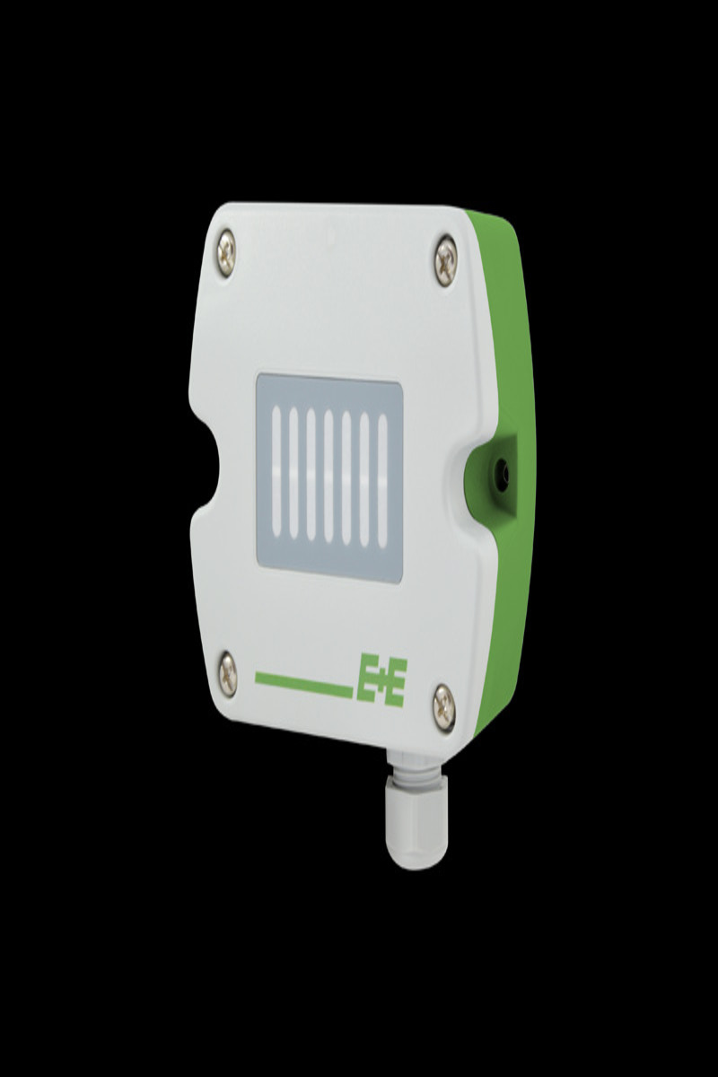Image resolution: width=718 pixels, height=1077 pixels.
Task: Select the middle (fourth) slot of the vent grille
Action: pos(328,475)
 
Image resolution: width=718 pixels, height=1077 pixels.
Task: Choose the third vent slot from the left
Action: pos(311,474)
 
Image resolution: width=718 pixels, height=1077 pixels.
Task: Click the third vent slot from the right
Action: pos(346,476)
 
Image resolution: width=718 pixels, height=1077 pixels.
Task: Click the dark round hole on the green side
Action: pos(501,469)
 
